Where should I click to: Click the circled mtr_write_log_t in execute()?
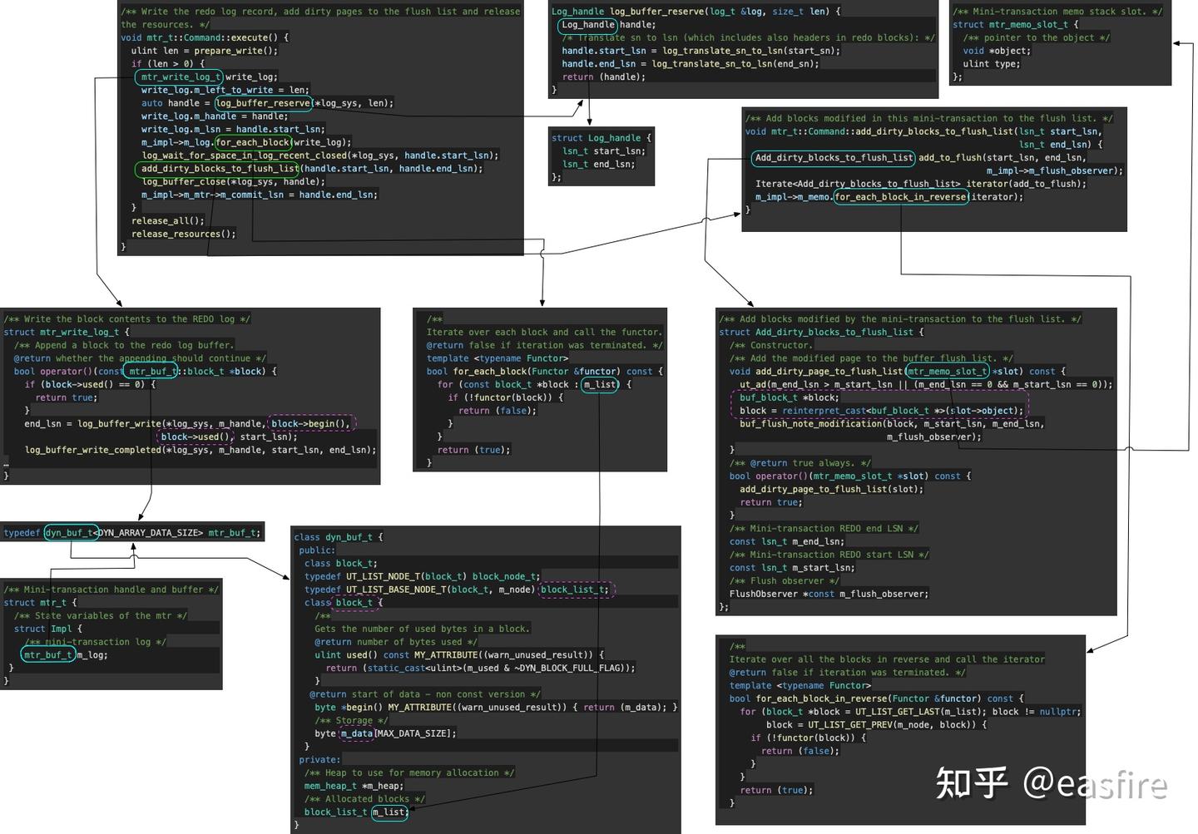pos(179,77)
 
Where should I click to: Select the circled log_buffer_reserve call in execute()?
pos(264,103)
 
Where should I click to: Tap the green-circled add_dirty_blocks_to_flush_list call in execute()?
pos(218,169)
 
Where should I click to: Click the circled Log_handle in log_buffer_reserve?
pos(587,25)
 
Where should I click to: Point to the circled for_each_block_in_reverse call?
pos(901,197)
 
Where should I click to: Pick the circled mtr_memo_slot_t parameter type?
pos(947,372)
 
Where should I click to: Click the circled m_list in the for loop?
pos(600,385)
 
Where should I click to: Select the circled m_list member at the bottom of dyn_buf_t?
pos(389,812)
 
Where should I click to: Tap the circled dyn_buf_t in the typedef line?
pos(71,533)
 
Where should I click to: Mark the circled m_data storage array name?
pos(356,733)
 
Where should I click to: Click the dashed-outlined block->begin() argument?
pos(311,423)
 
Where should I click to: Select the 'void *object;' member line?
pos(997,51)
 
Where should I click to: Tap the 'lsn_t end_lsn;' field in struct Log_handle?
pos(598,165)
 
